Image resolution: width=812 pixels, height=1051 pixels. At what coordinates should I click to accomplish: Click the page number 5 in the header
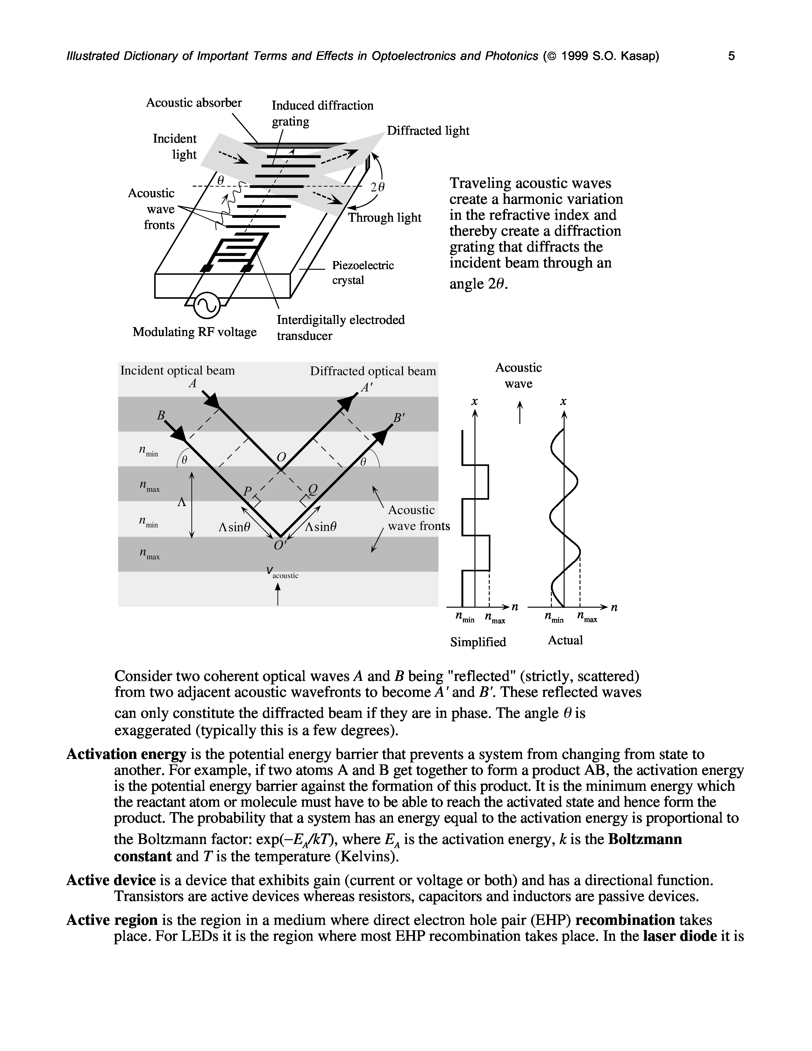[x=731, y=56]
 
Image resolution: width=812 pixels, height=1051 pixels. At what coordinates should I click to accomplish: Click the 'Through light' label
[x=384, y=218]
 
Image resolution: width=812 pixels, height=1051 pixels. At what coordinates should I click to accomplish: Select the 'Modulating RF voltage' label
[x=194, y=332]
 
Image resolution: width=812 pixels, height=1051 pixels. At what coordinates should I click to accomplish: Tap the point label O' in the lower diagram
[x=280, y=546]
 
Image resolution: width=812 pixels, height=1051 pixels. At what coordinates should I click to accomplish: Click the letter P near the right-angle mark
[x=247, y=491]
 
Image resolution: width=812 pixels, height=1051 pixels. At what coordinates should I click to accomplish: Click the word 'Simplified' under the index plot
[x=478, y=642]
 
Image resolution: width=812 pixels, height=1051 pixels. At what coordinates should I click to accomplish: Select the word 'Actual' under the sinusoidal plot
[x=565, y=640]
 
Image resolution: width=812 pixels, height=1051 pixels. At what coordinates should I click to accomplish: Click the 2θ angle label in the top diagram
[x=378, y=188]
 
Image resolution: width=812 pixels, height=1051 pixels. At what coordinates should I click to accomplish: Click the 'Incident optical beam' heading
[x=177, y=370]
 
